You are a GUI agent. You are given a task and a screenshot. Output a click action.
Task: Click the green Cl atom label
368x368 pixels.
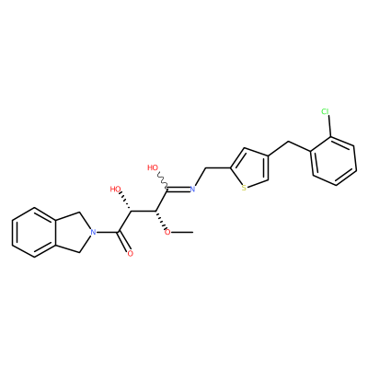coord(325,111)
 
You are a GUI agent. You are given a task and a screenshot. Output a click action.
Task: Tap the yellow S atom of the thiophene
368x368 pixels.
coord(244,188)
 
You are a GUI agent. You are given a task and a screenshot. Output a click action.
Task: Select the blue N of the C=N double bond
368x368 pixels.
coord(192,189)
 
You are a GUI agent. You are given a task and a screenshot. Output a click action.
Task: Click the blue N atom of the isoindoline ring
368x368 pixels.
coord(93,232)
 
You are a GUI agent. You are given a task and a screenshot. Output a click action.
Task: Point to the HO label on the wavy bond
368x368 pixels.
coord(153,167)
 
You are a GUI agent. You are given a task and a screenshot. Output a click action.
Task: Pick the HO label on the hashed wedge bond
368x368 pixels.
coord(116,190)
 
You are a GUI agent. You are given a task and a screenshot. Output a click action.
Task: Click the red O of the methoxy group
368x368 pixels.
coord(167,232)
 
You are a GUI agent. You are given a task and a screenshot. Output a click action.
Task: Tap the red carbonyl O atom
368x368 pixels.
coord(131,254)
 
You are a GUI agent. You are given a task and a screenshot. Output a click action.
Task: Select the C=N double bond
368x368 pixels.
coord(178,190)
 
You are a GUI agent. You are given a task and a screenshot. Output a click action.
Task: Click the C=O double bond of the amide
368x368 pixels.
coord(124,242)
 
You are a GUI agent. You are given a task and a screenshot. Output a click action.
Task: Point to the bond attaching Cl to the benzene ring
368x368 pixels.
coord(328,126)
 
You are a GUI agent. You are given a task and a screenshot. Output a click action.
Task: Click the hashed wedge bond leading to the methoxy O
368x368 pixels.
coord(161,221)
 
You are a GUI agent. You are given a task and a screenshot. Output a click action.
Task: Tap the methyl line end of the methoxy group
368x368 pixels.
coord(192,232)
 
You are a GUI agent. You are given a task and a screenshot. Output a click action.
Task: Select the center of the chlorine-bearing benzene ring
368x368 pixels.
coord(334,161)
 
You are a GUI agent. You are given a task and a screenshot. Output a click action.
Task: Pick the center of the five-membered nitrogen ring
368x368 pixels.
coord(73,232)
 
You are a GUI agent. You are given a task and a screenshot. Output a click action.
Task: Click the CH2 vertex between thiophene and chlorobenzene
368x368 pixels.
coord(288,142)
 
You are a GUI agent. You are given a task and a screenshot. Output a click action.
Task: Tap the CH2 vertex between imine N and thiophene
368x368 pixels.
coord(205,168)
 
